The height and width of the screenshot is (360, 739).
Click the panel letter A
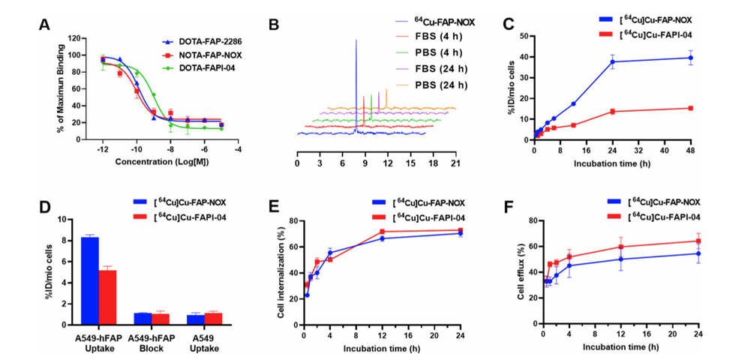(45, 25)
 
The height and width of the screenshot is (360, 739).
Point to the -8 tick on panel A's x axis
(171, 148)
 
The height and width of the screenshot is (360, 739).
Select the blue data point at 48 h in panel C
(690, 58)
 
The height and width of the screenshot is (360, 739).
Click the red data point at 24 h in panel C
(612, 112)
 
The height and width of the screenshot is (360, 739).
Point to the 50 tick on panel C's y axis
(525, 36)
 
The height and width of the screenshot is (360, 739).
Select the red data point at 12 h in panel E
(382, 232)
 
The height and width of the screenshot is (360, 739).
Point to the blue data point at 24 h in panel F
(698, 253)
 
